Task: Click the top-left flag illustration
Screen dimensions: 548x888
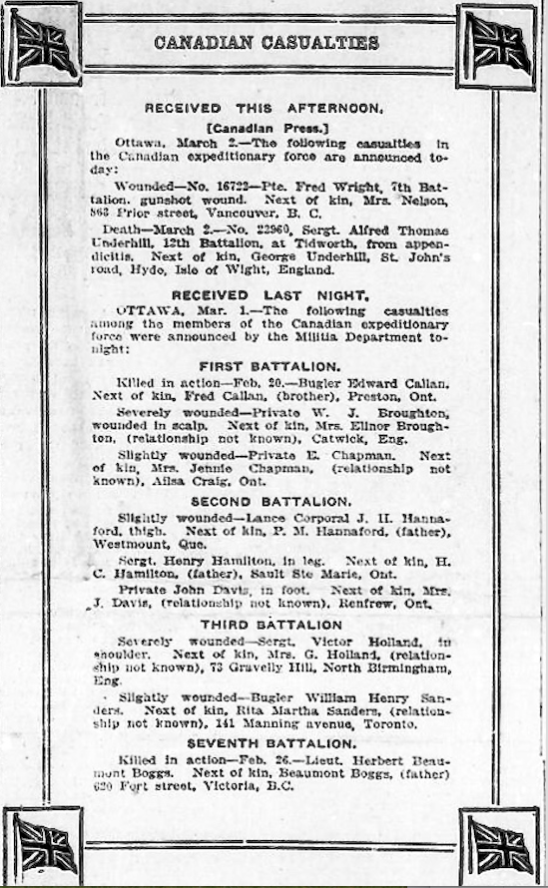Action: pyautogui.click(x=41, y=44)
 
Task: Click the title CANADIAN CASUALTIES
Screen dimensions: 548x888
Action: pyautogui.click(x=267, y=42)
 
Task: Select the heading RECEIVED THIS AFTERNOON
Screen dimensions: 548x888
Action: pyautogui.click(x=266, y=107)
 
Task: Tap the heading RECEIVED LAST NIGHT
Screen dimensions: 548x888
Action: pyautogui.click(x=271, y=295)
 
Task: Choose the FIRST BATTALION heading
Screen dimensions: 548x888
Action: pyautogui.click(x=271, y=365)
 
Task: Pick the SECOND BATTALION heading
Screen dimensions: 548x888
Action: pyautogui.click(x=271, y=501)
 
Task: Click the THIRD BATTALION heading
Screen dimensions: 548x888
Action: pyautogui.click(x=271, y=624)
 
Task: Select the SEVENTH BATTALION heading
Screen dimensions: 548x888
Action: pyautogui.click(x=271, y=743)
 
